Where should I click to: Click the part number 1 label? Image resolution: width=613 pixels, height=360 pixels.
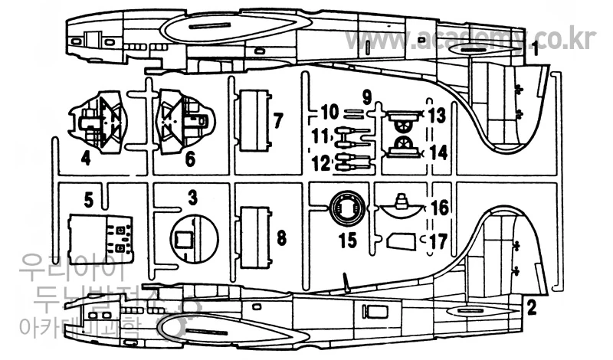[537, 52]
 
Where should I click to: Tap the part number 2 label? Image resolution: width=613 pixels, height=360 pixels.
[529, 307]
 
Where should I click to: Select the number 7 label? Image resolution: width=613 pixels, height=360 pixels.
[278, 120]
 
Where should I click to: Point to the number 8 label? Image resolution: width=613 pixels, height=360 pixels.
[281, 237]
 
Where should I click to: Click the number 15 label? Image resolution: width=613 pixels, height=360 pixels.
[348, 241]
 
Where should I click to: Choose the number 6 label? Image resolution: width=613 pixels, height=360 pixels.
[189, 159]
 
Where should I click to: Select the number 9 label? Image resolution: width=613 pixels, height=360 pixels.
[366, 97]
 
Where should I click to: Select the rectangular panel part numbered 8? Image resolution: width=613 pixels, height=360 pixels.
[254, 237]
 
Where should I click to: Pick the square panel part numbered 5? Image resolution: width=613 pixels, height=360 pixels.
[98, 236]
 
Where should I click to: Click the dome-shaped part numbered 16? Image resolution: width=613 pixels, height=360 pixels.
[401, 209]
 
